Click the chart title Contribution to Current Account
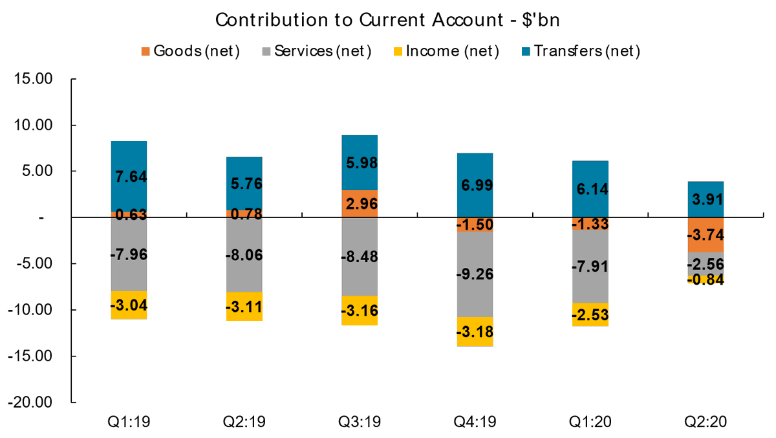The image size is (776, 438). (x=387, y=19)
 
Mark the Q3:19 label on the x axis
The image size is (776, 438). (x=360, y=422)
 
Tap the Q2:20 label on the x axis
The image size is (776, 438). (x=706, y=422)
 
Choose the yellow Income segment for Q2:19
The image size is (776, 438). (x=244, y=314)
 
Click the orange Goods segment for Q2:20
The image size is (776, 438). (x=706, y=243)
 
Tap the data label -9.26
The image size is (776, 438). (x=475, y=274)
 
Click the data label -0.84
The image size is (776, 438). (x=706, y=279)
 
